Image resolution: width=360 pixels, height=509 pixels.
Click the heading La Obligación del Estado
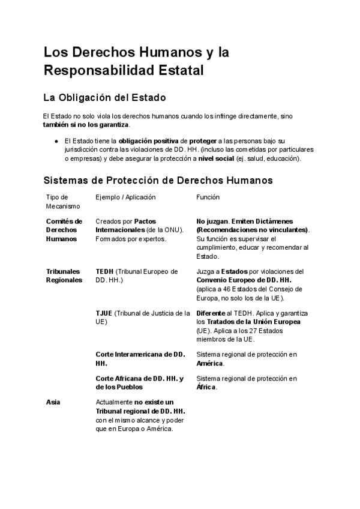click(104, 97)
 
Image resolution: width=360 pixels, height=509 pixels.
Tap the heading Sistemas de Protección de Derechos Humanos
click(158, 180)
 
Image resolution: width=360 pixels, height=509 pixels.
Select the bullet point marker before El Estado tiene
click(56, 140)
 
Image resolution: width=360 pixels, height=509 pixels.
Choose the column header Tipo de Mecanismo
click(59, 201)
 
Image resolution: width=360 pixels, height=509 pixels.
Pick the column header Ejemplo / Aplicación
click(125, 197)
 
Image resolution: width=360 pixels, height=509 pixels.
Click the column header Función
click(208, 197)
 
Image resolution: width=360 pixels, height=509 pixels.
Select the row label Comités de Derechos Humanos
click(64, 230)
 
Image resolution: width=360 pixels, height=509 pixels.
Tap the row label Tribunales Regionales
click(64, 276)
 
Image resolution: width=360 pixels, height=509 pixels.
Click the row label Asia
click(53, 402)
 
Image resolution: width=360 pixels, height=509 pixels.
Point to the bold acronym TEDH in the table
click(104, 271)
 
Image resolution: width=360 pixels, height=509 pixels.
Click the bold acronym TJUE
click(104, 313)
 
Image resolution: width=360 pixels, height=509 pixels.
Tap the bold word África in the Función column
click(206, 387)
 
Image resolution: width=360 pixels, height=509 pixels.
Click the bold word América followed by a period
click(209, 363)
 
